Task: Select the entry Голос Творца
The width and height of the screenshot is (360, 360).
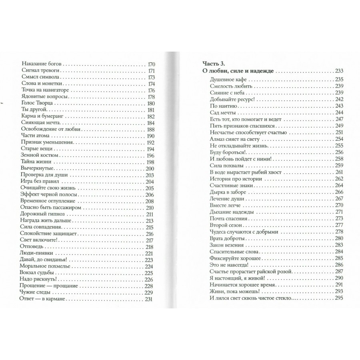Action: tap(35, 103)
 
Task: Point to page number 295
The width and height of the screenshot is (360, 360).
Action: tap(340, 298)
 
